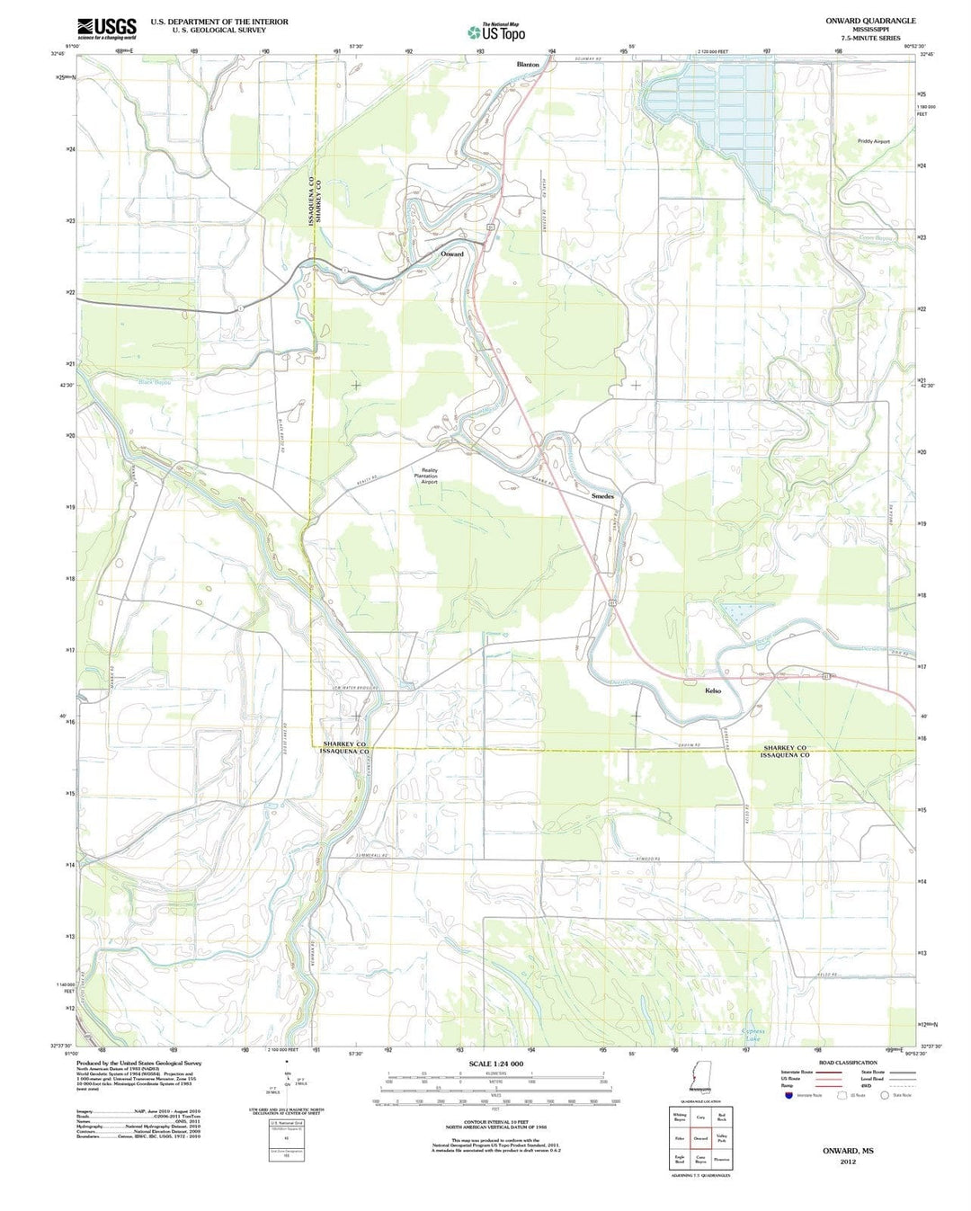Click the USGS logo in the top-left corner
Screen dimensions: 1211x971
click(107, 29)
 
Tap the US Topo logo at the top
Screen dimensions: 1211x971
click(495, 32)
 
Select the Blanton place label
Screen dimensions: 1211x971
click(528, 65)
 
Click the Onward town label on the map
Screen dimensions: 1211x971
click(452, 254)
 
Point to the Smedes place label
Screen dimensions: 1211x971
click(602, 496)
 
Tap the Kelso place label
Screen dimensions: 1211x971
click(713, 690)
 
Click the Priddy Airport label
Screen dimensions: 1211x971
click(873, 141)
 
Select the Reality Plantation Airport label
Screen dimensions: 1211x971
click(429, 476)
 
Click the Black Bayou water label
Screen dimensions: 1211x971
click(155, 382)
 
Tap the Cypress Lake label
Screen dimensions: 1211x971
click(752, 1035)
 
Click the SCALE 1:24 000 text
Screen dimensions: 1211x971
click(495, 1064)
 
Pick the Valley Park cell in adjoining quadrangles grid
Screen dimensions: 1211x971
click(721, 1137)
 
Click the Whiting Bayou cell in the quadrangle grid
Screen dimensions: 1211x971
click(680, 1118)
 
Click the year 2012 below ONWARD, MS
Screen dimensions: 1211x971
click(848, 1162)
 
